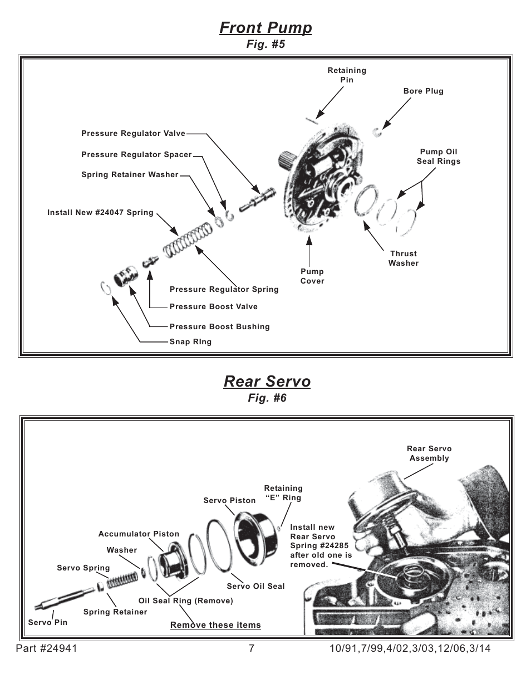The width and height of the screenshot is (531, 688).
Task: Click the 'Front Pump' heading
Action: click(265, 27)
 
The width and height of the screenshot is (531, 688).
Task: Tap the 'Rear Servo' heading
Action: click(267, 381)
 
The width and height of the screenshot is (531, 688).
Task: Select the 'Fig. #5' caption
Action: click(265, 45)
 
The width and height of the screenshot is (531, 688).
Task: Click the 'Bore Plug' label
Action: click(423, 91)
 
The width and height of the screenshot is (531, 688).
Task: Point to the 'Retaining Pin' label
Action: click(347, 75)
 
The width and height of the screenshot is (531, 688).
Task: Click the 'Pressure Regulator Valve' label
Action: click(133, 134)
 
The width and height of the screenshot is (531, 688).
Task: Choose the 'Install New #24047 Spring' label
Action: click(100, 212)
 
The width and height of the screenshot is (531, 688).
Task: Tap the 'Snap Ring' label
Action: click(190, 342)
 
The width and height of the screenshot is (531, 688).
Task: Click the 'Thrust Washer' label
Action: click(404, 258)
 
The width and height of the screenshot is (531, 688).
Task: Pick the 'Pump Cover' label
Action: click(312, 276)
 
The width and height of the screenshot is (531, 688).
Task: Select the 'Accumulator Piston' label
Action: click(139, 534)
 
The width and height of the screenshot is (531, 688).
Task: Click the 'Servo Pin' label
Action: click(48, 622)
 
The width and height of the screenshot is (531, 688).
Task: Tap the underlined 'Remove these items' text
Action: click(215, 625)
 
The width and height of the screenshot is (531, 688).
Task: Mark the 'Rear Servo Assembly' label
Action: click(429, 453)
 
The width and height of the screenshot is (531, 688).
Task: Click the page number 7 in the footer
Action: click(252, 648)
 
